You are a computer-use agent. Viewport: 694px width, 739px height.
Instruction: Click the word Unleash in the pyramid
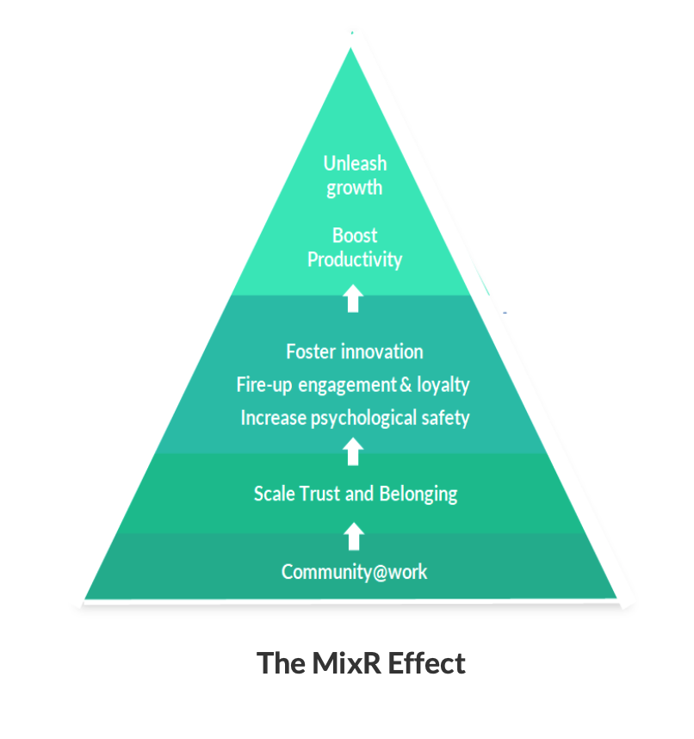(x=355, y=163)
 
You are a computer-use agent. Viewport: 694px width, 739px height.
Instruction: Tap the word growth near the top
(x=355, y=189)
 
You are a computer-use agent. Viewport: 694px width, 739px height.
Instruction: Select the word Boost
(x=355, y=235)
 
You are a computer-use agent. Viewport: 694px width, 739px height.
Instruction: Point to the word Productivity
(x=355, y=259)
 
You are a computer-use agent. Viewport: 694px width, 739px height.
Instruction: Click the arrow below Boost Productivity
(x=353, y=299)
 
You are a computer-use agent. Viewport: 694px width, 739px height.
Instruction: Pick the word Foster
(x=311, y=351)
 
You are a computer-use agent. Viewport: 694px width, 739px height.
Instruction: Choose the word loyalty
(x=443, y=385)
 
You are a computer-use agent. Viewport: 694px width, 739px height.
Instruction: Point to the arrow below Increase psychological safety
(x=353, y=451)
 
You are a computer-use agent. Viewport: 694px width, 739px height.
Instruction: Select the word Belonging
(x=418, y=494)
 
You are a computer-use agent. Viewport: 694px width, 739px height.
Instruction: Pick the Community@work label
(x=354, y=572)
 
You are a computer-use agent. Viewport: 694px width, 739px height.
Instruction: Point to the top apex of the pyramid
(x=351, y=49)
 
